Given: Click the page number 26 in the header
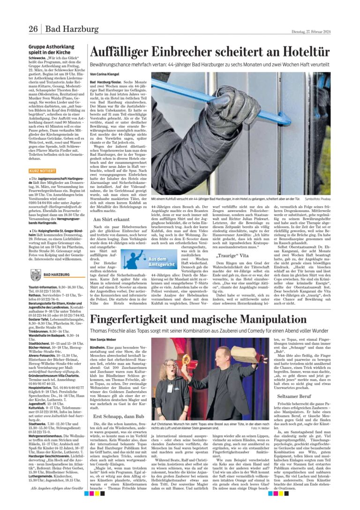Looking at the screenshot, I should tap(33, 30).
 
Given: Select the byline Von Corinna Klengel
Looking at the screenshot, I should tap(105, 74).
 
